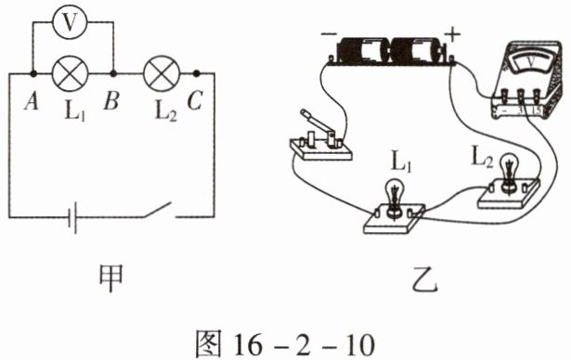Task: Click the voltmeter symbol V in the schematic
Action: pos(70,22)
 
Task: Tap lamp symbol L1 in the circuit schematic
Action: pos(71,74)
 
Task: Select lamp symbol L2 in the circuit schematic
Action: pos(162,74)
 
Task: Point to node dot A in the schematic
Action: pos(33,74)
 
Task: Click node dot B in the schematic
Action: pos(113,74)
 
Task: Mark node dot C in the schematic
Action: pos(196,73)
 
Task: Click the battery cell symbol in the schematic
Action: pos(72,217)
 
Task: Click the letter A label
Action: pos(32,101)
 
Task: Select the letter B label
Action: pos(111,101)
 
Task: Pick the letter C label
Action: pos(194,100)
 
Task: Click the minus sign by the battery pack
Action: pos(329,34)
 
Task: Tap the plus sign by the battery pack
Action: pos(452,35)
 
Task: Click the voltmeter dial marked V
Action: pos(529,60)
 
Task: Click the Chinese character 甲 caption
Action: pos(111,278)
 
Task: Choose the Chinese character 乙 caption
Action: pos(425,279)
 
